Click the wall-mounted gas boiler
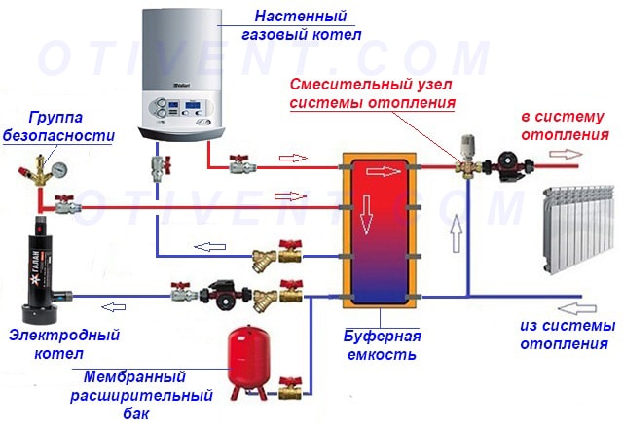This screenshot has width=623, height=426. pyautogui.click(x=184, y=68)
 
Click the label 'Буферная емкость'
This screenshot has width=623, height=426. pyautogui.click(x=383, y=345)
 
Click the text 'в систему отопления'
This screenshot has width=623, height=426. pyautogui.click(x=565, y=125)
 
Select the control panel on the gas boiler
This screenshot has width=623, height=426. pyautogui.click(x=184, y=110)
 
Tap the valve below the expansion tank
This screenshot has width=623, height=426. pyautogui.click(x=289, y=390)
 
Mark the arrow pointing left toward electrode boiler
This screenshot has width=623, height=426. pyautogui.click(x=117, y=308)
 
